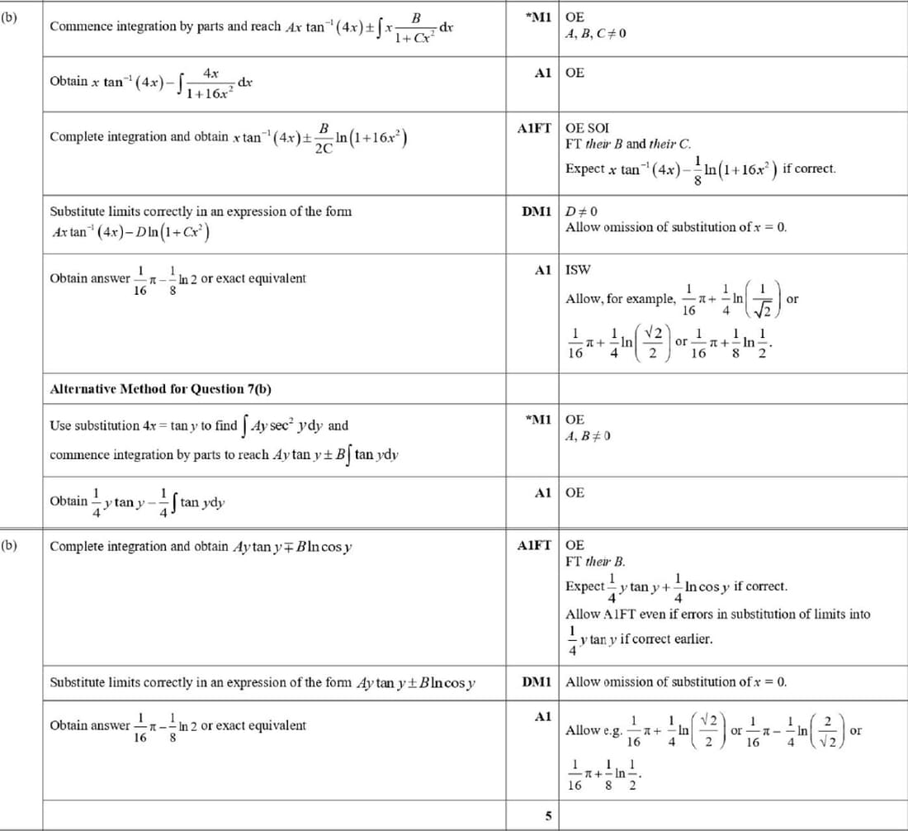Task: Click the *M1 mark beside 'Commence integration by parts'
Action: click(x=537, y=17)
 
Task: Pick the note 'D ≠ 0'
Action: click(x=581, y=211)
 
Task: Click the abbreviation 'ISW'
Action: click(x=578, y=269)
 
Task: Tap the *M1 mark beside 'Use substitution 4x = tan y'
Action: click(x=537, y=420)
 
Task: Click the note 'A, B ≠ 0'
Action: click(x=588, y=435)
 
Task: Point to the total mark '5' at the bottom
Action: click(x=547, y=816)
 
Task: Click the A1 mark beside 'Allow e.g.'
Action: click(x=542, y=716)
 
